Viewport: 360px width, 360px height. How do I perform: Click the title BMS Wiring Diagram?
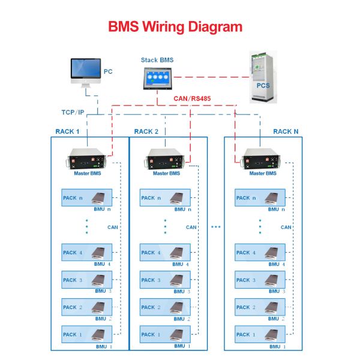[175, 27]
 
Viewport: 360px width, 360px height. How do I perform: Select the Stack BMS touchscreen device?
[157, 78]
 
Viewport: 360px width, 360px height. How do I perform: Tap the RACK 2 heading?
[146, 131]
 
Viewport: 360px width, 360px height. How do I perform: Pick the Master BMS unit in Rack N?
[260, 161]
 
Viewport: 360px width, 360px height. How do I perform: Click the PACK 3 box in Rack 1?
[87, 280]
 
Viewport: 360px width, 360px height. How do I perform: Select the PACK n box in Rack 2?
[165, 198]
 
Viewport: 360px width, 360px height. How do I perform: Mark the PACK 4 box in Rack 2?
[165, 253]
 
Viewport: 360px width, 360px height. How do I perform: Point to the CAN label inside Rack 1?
[113, 227]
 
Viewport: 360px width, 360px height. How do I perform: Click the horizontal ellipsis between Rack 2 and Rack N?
[216, 227]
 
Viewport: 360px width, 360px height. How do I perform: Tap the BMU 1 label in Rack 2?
[182, 347]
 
